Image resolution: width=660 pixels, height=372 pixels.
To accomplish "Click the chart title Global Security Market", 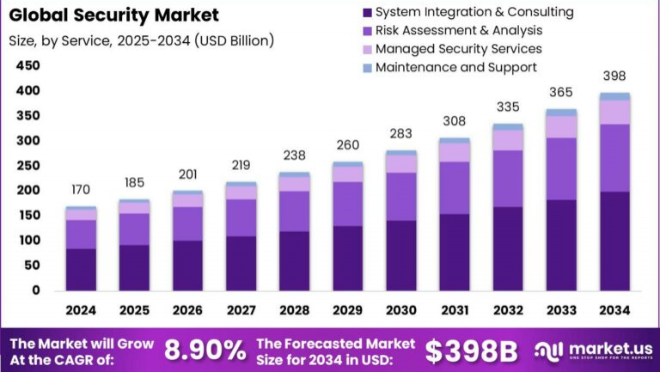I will (x=113, y=15).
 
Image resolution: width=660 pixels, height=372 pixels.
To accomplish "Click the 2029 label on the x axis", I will (x=347, y=309).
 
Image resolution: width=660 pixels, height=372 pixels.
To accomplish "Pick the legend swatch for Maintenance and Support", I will (x=368, y=67).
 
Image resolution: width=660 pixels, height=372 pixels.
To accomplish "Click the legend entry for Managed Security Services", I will (x=459, y=49).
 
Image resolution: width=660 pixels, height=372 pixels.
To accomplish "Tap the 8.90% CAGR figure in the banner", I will (x=205, y=350).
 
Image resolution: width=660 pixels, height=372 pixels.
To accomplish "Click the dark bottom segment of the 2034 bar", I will (x=614, y=241).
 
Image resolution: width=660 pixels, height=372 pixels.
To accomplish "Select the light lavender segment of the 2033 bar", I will (x=561, y=126).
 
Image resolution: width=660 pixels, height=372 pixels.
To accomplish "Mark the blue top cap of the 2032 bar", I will (x=508, y=127).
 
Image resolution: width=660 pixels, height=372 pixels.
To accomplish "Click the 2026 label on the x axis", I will (x=187, y=309).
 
